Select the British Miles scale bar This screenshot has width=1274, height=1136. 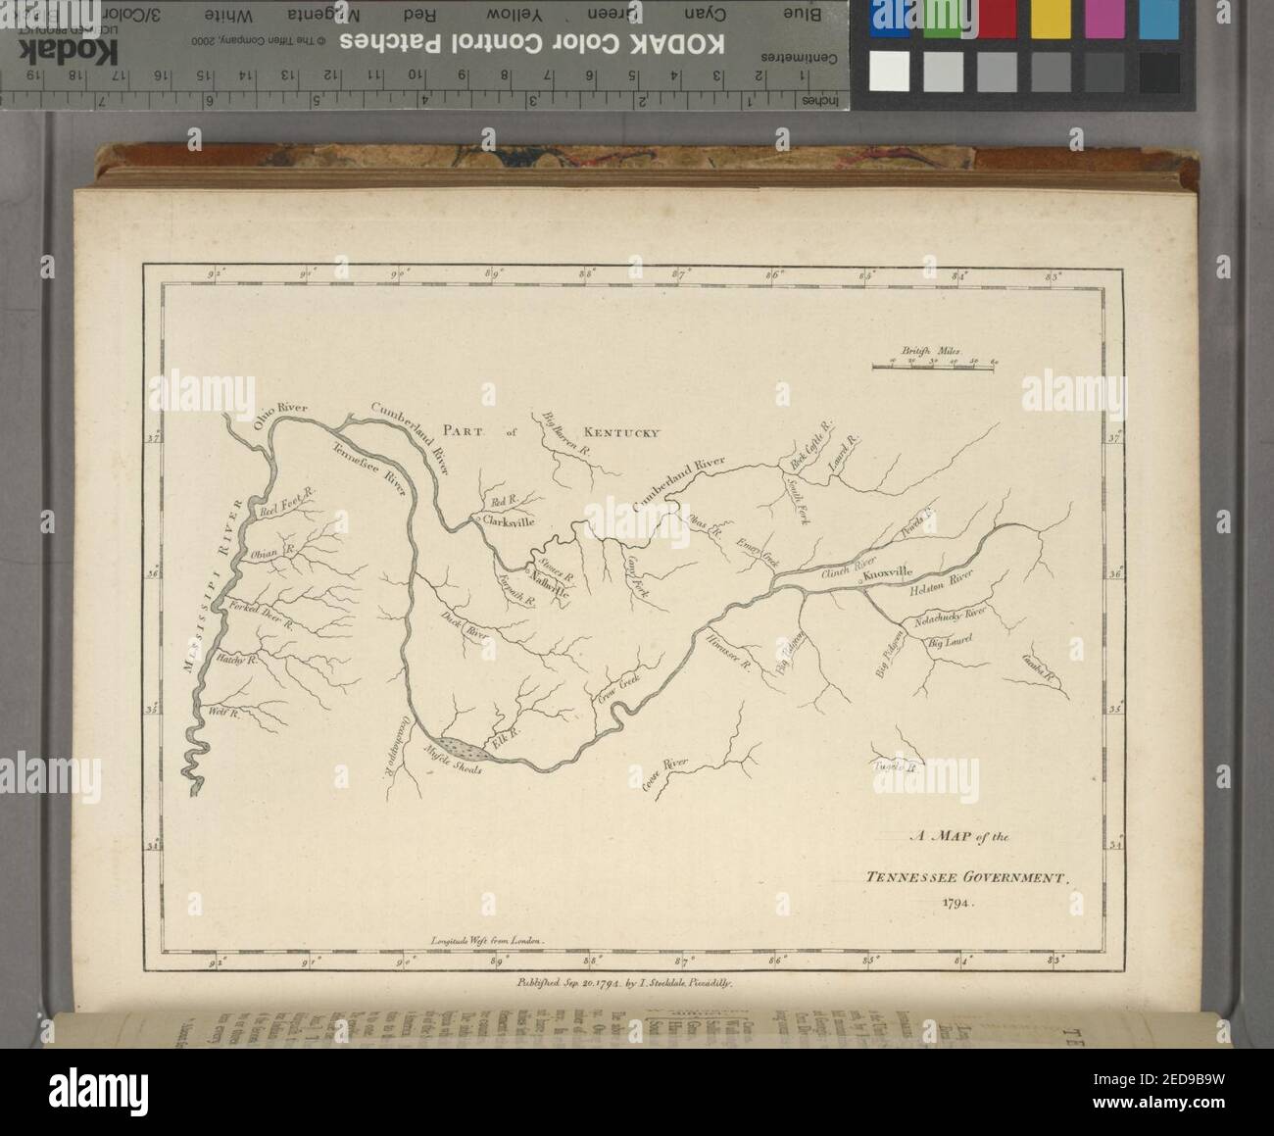coord(934,366)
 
